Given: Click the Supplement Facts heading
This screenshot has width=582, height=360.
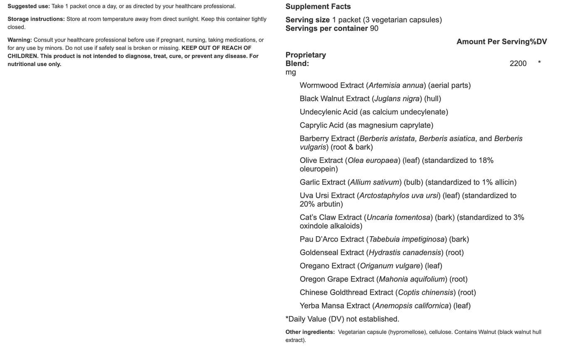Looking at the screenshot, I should pyautogui.click(x=318, y=7).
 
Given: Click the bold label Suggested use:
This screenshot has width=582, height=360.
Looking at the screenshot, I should pyautogui.click(x=29, y=6).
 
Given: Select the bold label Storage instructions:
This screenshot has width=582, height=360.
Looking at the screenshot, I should pyautogui.click(x=36, y=19).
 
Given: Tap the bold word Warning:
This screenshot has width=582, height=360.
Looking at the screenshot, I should pyautogui.click(x=20, y=40).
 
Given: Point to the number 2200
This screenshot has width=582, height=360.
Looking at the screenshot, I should pyautogui.click(x=518, y=64).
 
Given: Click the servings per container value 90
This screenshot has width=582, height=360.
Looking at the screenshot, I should pyautogui.click(x=374, y=29).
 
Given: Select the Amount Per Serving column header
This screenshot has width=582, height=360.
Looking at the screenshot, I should pyautogui.click(x=493, y=42).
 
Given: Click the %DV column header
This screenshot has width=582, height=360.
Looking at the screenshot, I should pyautogui.click(x=538, y=42).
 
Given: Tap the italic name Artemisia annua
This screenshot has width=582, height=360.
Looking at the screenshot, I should pyautogui.click(x=396, y=86).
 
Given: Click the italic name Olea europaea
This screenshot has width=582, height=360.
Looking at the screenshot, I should pyautogui.click(x=373, y=160).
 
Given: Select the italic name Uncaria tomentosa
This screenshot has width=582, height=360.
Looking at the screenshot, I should pyautogui.click(x=398, y=218).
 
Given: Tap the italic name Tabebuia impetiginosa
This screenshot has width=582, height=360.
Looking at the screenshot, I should pyautogui.click(x=407, y=239).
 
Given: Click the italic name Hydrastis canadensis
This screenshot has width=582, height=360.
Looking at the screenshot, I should pyautogui.click(x=404, y=253).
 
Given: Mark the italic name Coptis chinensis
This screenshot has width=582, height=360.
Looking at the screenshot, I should pyautogui.click(x=425, y=293).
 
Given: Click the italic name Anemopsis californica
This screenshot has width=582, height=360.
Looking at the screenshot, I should pyautogui.click(x=412, y=306).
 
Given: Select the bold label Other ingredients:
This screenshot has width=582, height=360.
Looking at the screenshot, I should pyautogui.click(x=310, y=332).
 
